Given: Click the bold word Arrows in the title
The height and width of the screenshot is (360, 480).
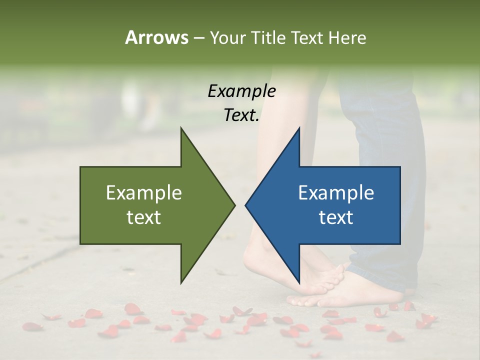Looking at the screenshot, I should tap(156, 37).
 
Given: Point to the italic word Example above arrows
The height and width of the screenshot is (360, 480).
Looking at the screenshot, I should tap(241, 91).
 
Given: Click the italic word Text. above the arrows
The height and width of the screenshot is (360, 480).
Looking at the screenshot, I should tap(241, 115).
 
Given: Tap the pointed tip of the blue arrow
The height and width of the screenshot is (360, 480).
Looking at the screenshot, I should tap(246, 204).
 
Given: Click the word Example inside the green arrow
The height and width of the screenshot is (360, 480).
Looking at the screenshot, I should tap(144, 193).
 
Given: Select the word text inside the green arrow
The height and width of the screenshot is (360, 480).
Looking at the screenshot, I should tap(144, 217).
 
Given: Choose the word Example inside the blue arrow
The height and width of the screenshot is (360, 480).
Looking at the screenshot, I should tap(336, 193).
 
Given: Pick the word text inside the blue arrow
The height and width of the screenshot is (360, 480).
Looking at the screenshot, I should tap(336, 217).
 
